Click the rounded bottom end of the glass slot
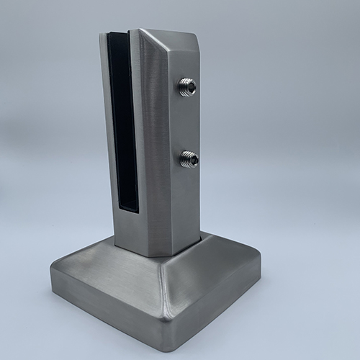[x=127, y=210]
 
